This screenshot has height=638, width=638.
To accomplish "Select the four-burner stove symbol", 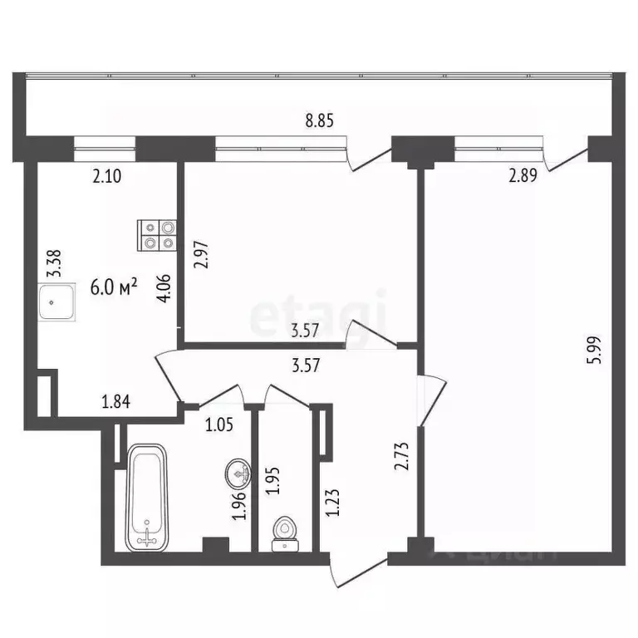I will point(158,234).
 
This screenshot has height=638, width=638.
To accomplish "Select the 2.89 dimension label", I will point(525,176).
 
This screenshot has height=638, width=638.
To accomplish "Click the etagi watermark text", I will point(319,313).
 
